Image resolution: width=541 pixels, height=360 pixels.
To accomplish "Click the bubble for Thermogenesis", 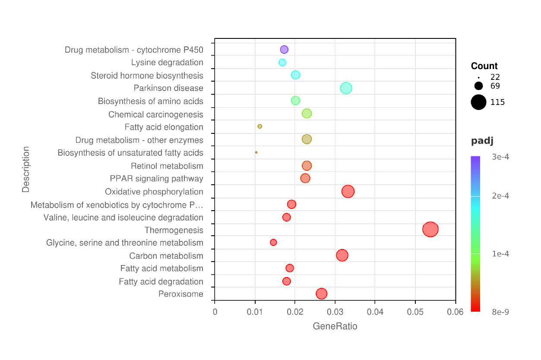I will click(430, 229).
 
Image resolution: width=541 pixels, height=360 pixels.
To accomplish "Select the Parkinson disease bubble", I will click(346, 88).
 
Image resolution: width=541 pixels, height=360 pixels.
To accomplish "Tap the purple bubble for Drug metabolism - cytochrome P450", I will click(284, 50).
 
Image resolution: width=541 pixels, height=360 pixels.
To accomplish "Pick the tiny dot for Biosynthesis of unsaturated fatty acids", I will click(256, 152).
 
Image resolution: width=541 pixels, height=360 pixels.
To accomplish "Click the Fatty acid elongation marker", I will click(259, 126).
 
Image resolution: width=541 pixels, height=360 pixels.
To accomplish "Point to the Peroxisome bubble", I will click(321, 294).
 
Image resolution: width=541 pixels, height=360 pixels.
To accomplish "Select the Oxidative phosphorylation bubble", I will click(348, 191).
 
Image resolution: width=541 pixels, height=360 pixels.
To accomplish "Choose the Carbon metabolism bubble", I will click(342, 255).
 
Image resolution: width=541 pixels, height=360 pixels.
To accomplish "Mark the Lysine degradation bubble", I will click(282, 62).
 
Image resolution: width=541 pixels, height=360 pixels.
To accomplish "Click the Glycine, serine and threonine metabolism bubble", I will click(273, 242).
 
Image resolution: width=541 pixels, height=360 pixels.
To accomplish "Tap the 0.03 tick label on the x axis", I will click(335, 312).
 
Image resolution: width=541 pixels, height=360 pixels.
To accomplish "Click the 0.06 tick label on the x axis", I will click(456, 312).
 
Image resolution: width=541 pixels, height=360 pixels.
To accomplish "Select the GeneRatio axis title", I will click(335, 326).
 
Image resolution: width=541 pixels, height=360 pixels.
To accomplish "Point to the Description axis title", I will click(26, 169).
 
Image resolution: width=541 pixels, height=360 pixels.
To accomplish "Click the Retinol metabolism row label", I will click(167, 166).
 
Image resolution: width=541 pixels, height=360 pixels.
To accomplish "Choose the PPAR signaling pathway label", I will click(156, 179).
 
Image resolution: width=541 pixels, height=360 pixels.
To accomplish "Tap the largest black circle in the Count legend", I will click(478, 102).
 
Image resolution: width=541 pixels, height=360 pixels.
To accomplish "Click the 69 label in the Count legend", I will click(495, 86).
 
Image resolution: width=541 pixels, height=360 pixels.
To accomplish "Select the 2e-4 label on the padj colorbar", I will click(500, 196).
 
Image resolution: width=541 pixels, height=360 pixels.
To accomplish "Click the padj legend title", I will click(482, 141).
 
